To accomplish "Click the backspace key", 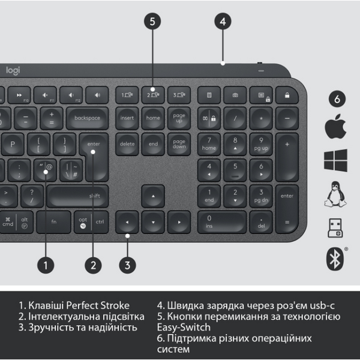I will pyautogui.click(x=87, y=118).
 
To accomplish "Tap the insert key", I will pyautogui.click(x=127, y=118).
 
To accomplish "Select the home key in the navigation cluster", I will pyautogui.click(x=153, y=118).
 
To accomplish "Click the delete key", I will pyautogui.click(x=127, y=144).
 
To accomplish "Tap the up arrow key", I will pyautogui.click(x=153, y=196).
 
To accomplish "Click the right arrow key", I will pyautogui.click(x=179, y=222).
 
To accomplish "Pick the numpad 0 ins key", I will pyautogui.click(x=221, y=222).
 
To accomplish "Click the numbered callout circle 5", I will pyautogui.click(x=153, y=22).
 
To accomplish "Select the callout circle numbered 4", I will pyautogui.click(x=223, y=22).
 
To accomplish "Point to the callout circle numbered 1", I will pyautogui.click(x=46, y=263).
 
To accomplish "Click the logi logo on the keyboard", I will pyautogui.click(x=13, y=71).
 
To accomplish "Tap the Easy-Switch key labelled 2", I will pyautogui.click(x=153, y=95).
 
